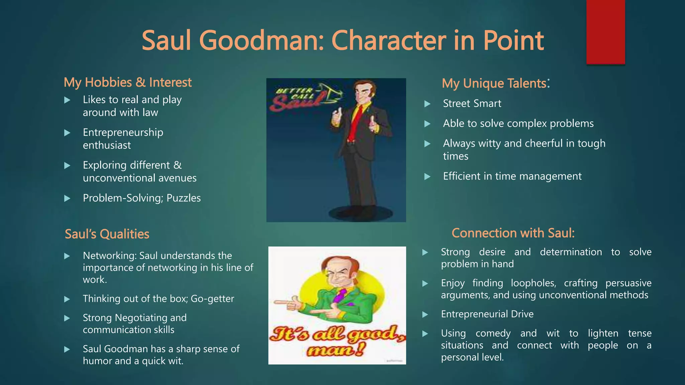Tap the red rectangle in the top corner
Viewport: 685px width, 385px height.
coord(605,32)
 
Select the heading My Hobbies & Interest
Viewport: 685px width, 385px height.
coord(127,83)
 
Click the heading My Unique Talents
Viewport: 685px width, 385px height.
coord(494,83)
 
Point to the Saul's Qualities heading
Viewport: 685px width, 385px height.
coord(107,234)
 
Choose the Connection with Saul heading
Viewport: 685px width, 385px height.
coord(513,233)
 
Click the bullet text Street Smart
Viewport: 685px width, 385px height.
coord(472,104)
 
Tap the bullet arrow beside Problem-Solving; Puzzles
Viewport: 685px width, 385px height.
coord(67,199)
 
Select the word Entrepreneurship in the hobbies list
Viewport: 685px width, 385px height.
coord(123,132)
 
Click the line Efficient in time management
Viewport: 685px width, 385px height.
coord(512,176)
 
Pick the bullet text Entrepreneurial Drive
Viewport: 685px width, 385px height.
coord(487,314)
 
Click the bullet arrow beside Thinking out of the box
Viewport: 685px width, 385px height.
coord(67,299)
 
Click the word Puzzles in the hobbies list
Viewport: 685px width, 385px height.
coord(183,198)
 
